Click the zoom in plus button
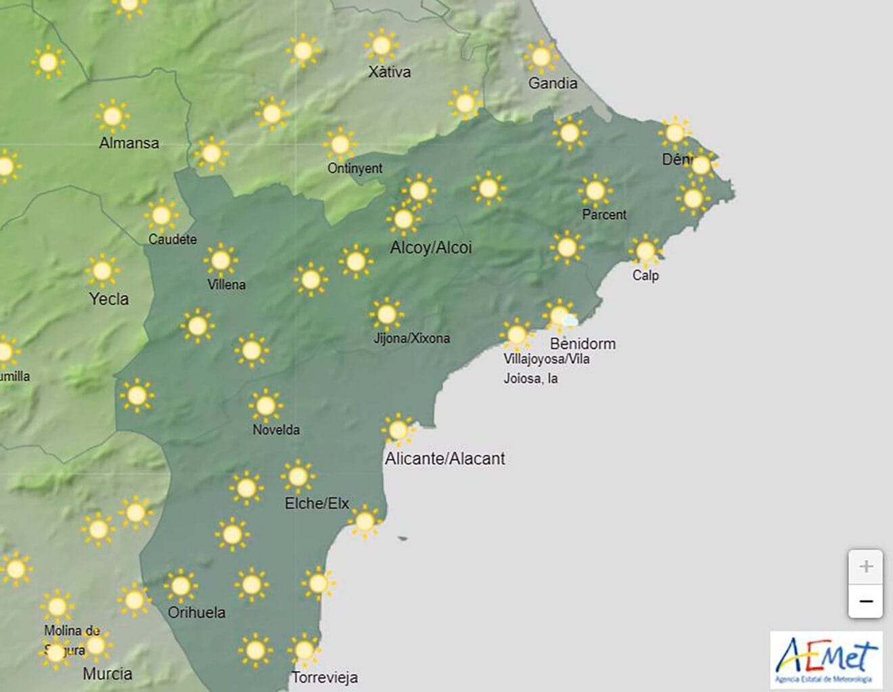coord(865,567)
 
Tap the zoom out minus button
coord(865,601)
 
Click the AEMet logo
coord(826,660)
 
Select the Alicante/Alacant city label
coord(444,459)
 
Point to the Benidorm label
coord(582,344)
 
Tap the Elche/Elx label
coord(317,503)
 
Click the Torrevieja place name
coord(325,677)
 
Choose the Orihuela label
coord(196,612)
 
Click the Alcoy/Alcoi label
coord(431,248)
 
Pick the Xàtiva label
coord(389,72)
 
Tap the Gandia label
coord(553,83)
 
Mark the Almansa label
coord(129,143)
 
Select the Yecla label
coord(109,298)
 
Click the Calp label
coord(645,275)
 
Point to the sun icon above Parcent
coord(595,191)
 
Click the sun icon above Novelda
coord(265,406)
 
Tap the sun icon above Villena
coord(221,260)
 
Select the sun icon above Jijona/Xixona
coord(387,315)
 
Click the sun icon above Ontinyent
coord(340,144)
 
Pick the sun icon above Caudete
coord(161,216)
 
